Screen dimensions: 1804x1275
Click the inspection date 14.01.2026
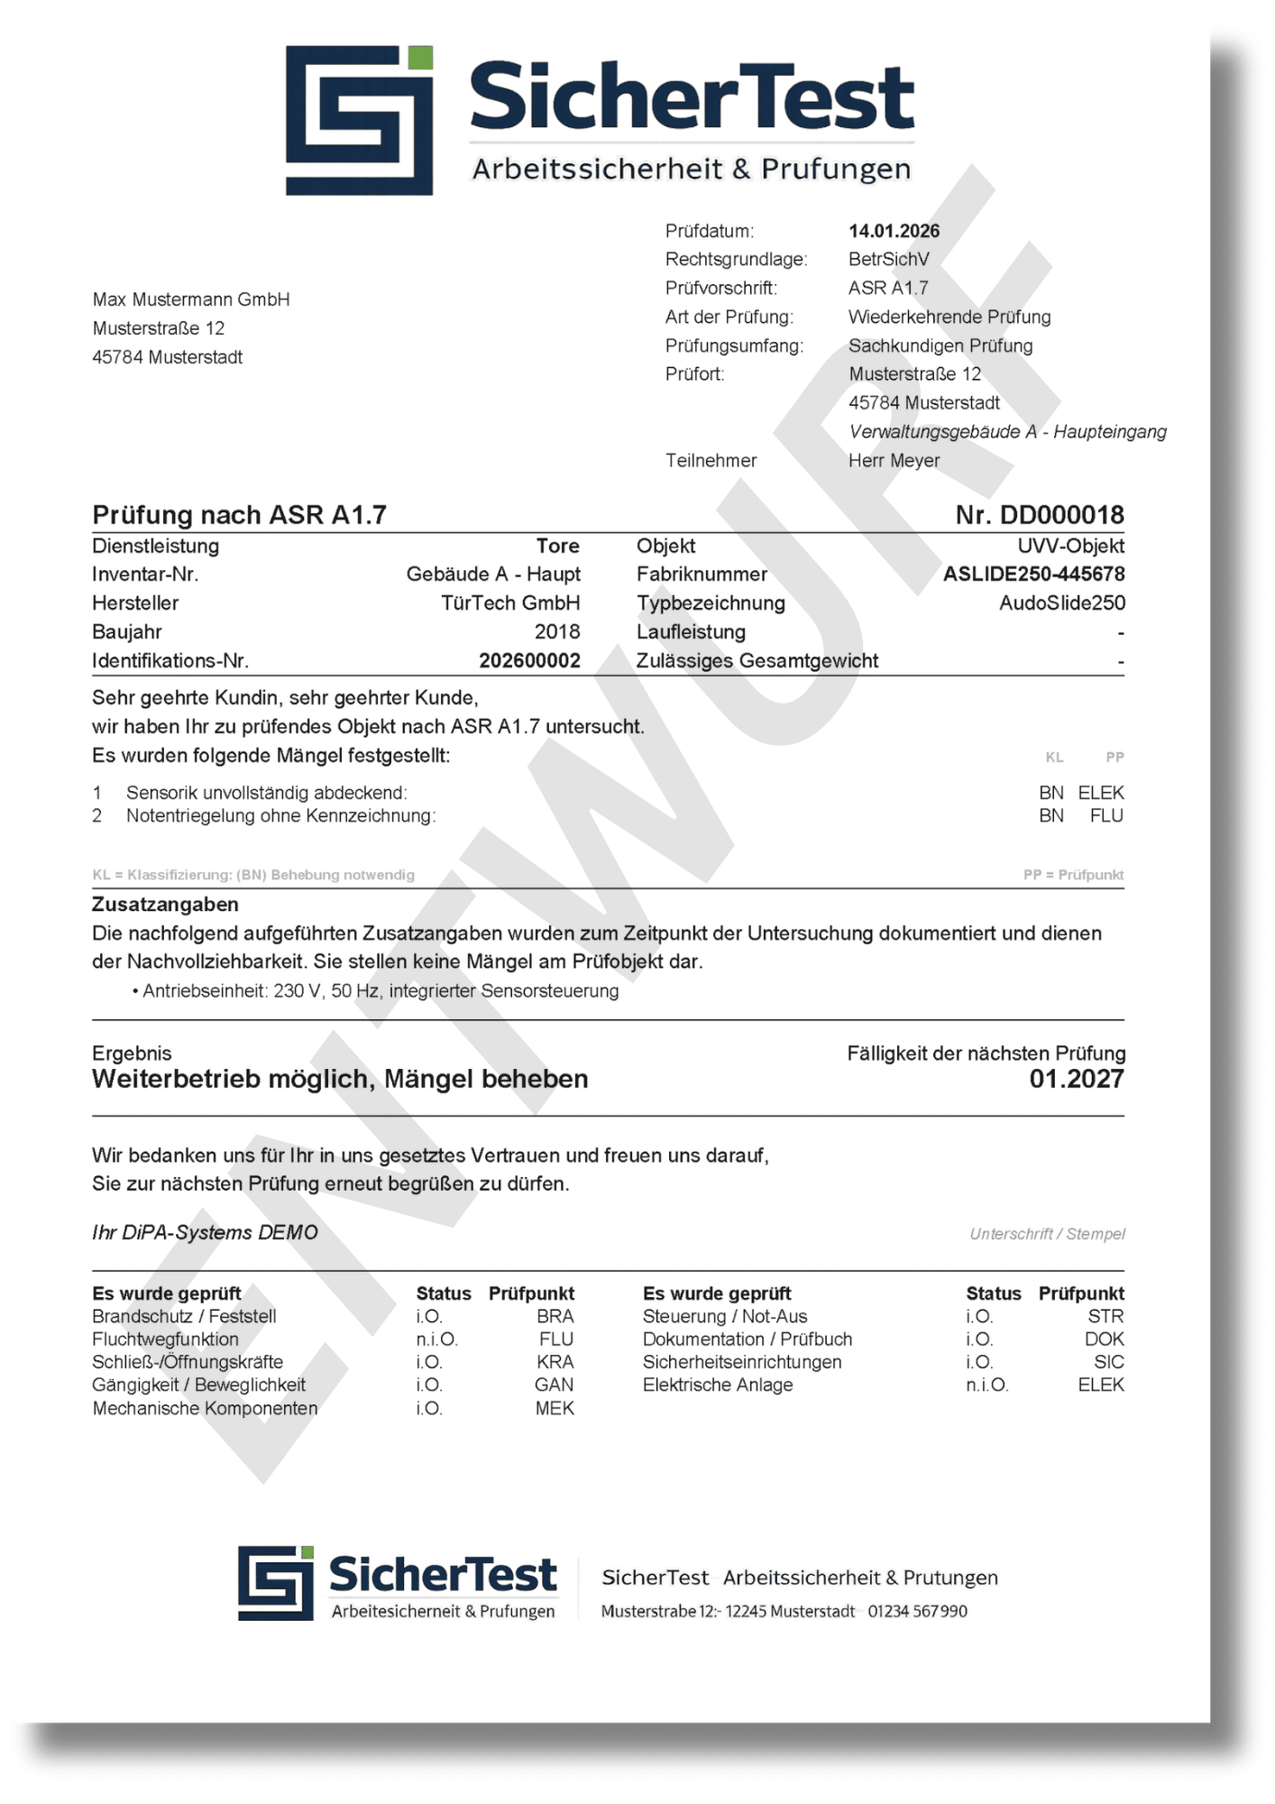[894, 231]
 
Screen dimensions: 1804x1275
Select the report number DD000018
[1061, 515]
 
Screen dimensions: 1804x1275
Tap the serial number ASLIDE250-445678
[1033, 575]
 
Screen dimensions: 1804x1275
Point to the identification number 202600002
[529, 661]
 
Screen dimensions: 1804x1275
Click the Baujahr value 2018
[557, 632]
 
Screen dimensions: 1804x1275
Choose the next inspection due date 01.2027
[1077, 1080]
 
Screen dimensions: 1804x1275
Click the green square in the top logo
[420, 59]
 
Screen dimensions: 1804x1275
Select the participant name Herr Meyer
[894, 461]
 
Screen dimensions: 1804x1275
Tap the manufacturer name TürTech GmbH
[510, 603]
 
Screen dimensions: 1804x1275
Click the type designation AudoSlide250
[1061, 603]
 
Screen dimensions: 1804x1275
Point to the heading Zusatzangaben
[165, 905]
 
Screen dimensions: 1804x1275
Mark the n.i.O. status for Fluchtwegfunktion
[436, 1339]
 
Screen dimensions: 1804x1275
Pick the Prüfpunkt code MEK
[555, 1408]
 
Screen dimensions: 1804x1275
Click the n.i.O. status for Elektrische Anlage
[986, 1385]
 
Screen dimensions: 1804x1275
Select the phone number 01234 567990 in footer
[917, 1611]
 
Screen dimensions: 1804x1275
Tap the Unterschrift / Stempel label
[1047, 1234]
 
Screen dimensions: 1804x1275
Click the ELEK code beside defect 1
[1101, 793]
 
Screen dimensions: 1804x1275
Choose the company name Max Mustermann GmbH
[191, 299]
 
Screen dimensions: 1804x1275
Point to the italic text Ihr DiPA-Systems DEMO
[205, 1233]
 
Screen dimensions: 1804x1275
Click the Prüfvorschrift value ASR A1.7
[888, 289]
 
